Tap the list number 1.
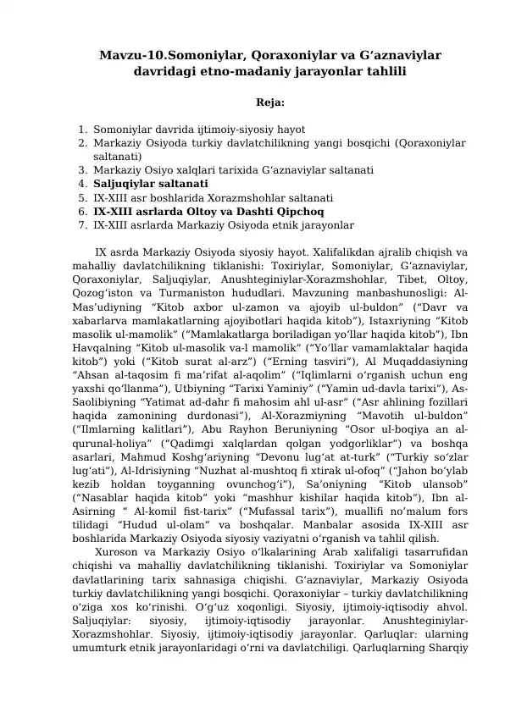click(x=80, y=130)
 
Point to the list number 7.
click(x=80, y=225)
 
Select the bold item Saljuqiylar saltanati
click(x=151, y=183)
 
